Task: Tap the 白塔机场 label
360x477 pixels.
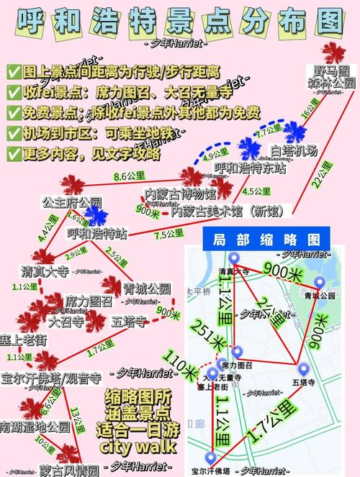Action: click(294, 150)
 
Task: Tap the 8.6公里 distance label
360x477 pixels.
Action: click(129, 175)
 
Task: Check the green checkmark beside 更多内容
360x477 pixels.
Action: click(13, 153)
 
